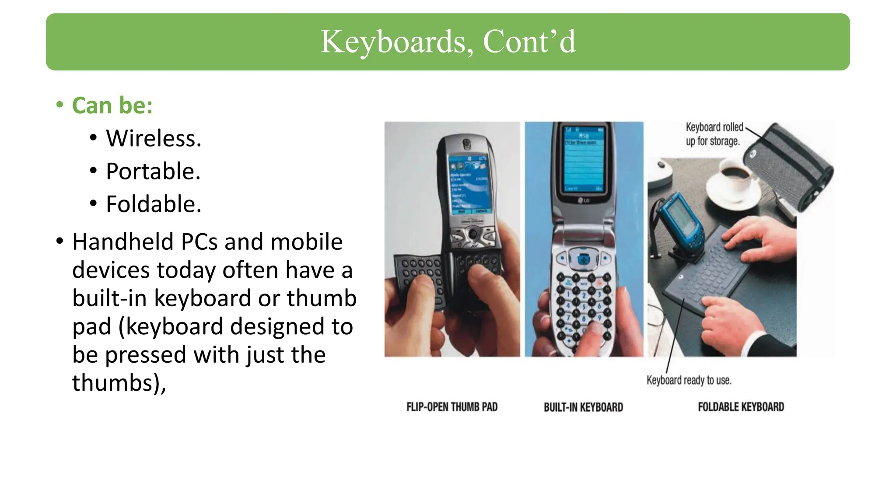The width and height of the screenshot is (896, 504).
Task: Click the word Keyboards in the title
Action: pyautogui.click(x=396, y=42)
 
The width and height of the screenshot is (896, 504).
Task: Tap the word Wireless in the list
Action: pyautogui.click(x=153, y=139)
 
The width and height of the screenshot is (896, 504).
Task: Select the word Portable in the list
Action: pyautogui.click(x=153, y=171)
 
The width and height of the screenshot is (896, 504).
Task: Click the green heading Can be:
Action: pyautogui.click(x=112, y=106)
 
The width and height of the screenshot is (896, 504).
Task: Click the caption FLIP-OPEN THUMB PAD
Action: pyautogui.click(x=452, y=407)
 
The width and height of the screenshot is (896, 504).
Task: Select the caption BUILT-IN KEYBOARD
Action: pyautogui.click(x=583, y=407)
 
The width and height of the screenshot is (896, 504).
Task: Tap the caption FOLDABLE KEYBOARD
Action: pyautogui.click(x=741, y=407)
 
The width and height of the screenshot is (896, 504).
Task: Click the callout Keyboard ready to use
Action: pyautogui.click(x=689, y=380)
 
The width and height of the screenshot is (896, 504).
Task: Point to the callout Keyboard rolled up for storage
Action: pyautogui.click(x=714, y=134)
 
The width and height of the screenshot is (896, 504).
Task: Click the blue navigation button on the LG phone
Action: pyautogui.click(x=583, y=259)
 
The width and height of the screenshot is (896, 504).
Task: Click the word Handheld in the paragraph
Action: pyautogui.click(x=124, y=242)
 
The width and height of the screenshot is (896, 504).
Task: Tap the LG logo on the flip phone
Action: pyautogui.click(x=584, y=200)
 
